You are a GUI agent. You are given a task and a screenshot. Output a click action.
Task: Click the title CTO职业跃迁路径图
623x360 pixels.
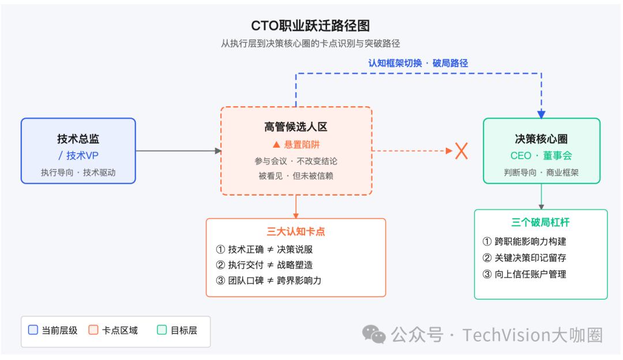coord(310,26)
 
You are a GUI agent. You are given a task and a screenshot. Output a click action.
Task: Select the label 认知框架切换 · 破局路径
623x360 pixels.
coord(418,63)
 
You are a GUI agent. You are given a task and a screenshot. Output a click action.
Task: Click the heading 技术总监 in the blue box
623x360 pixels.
coord(78,139)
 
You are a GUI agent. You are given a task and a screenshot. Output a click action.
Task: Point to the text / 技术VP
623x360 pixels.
coord(78,156)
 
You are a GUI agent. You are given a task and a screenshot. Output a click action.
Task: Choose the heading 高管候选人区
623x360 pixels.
coord(296,127)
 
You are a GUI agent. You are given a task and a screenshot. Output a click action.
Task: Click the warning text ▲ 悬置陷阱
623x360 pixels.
coord(296,145)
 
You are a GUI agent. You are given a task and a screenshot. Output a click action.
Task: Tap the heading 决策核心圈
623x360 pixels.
coord(541,139)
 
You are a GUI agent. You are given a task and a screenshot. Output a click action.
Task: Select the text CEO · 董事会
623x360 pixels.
coord(541,156)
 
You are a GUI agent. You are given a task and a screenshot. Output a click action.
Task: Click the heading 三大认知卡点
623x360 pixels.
coord(296,232)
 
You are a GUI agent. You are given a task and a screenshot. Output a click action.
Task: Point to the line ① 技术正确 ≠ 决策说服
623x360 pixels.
coord(265,249)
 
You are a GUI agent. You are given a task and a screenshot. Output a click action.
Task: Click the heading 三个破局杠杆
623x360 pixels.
coord(541,223)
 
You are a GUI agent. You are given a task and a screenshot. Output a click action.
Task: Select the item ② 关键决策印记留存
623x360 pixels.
coord(524,258)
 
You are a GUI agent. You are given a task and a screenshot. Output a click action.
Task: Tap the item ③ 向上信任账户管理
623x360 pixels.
coord(524,274)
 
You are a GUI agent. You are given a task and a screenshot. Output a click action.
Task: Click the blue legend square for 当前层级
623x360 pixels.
coord(33,331)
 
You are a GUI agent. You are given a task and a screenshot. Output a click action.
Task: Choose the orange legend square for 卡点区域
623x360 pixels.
coord(93,331)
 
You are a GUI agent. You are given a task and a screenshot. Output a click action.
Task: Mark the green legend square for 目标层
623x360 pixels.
coord(162,331)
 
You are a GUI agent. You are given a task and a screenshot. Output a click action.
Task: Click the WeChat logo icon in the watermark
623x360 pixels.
coord(374,334)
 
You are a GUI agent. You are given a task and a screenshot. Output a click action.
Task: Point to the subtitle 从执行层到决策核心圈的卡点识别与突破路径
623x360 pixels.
coord(310,43)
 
